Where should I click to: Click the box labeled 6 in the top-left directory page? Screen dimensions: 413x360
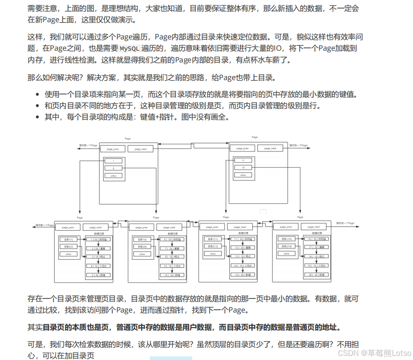[113, 168]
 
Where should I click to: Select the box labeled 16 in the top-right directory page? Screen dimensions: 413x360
[243, 168]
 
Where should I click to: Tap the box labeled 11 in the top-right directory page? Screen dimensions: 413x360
[243, 161]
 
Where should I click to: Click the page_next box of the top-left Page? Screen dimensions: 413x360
[140, 149]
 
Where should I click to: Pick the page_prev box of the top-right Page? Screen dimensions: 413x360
[242, 148]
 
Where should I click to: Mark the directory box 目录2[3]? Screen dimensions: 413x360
[68, 246]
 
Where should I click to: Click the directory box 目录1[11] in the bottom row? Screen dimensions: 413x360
[213, 239]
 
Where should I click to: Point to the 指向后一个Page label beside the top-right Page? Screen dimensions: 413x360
[298, 146]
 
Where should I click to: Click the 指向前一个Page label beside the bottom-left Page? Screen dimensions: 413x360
[45, 225]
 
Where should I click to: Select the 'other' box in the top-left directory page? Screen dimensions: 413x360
[113, 175]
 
